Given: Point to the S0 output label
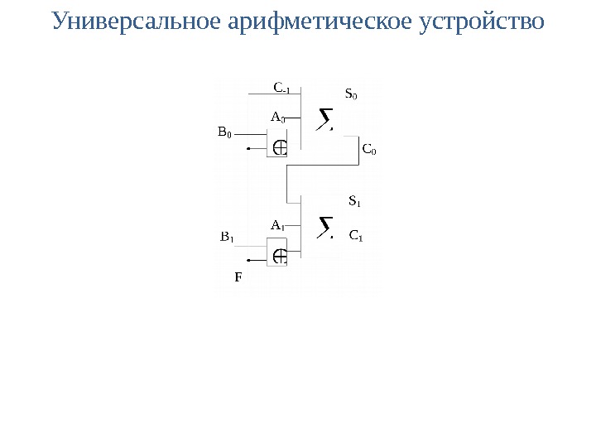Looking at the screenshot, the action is (351, 94).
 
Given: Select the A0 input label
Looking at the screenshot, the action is (277, 118).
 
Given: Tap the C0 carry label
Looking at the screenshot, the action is (369, 151).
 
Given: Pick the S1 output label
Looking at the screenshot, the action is (354, 201).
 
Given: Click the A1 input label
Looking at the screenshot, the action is (277, 225).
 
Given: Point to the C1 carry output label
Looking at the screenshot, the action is (357, 236).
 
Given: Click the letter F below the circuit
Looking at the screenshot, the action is (238, 277).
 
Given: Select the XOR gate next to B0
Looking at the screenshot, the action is (280, 147).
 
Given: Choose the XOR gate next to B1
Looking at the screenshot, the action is (280, 255).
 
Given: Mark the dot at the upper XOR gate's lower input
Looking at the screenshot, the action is (248, 150).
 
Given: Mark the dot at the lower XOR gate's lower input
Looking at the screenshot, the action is (248, 257).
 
